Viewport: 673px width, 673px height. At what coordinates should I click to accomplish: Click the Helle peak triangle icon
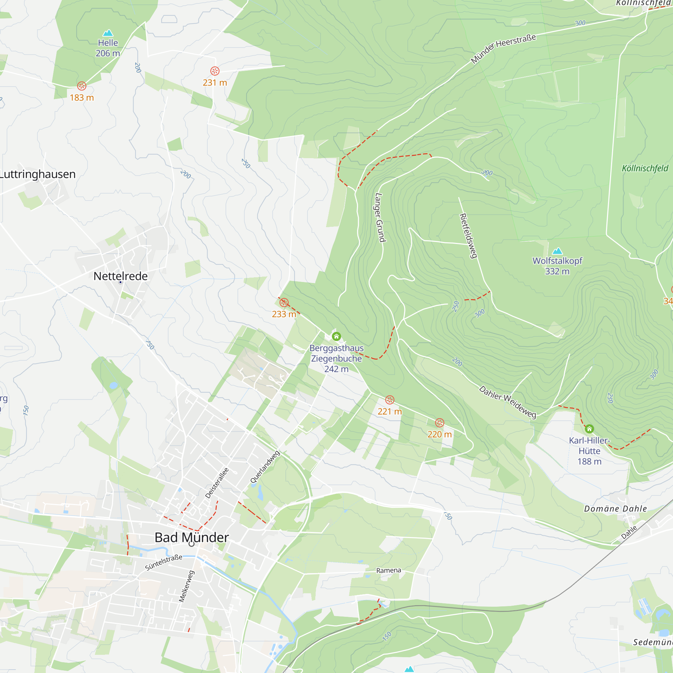(108, 33)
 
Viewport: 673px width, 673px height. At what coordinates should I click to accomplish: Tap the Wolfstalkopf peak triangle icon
(557, 251)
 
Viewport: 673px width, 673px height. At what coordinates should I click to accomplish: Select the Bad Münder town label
(191, 537)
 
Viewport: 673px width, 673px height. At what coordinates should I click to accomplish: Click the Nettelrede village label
(120, 276)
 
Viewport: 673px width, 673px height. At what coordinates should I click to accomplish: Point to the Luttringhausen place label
(37, 174)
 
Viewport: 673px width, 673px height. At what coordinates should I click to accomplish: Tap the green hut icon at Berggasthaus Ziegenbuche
(336, 336)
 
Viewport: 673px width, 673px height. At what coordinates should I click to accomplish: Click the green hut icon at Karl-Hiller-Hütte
(590, 428)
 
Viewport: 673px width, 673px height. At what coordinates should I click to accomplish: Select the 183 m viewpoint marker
(81, 86)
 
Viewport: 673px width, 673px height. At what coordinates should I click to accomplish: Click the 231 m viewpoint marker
(215, 71)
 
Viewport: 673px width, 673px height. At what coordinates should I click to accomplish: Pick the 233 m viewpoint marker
(284, 303)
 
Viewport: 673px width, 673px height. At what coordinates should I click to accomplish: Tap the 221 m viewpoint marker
(390, 399)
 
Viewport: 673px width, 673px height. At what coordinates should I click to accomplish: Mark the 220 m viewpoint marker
(439, 423)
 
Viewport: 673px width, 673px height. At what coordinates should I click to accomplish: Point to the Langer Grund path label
(380, 217)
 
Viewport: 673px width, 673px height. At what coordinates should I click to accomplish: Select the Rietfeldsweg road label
(468, 236)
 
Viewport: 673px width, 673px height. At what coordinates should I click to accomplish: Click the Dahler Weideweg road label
(507, 402)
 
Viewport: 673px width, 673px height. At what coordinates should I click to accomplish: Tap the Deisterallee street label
(217, 483)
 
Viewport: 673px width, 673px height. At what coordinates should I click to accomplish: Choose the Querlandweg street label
(265, 467)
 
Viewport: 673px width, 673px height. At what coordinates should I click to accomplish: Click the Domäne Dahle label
(615, 508)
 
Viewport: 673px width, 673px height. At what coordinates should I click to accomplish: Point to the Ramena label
(388, 570)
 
